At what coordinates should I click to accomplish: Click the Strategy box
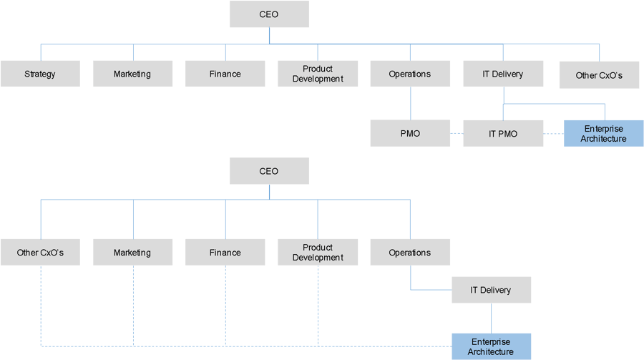tap(40, 74)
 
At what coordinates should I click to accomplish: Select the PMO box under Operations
tap(410, 133)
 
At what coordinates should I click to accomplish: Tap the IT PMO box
tap(503, 133)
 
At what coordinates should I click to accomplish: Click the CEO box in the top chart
tap(269, 14)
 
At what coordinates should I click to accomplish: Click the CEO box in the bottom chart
tap(269, 171)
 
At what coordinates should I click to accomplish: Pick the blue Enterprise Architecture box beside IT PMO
tap(603, 133)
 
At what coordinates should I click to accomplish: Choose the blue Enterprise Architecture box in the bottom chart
tap(491, 346)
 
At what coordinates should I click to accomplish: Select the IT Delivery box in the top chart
tap(503, 74)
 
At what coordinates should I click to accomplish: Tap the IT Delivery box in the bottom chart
tap(491, 290)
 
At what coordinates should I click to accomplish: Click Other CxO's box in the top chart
tap(599, 74)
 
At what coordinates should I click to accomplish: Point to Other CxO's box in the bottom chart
tap(40, 252)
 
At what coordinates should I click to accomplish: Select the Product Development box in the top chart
tap(318, 74)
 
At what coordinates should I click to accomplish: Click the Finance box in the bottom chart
tap(225, 252)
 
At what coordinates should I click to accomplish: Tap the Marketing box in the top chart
tap(132, 74)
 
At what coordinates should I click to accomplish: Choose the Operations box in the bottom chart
tap(410, 252)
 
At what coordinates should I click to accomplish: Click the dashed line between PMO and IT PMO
tap(457, 133)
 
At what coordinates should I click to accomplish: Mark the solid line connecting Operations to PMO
tap(410, 103)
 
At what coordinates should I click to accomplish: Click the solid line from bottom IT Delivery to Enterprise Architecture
tap(491, 318)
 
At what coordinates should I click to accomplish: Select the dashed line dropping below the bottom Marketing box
tap(133, 304)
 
